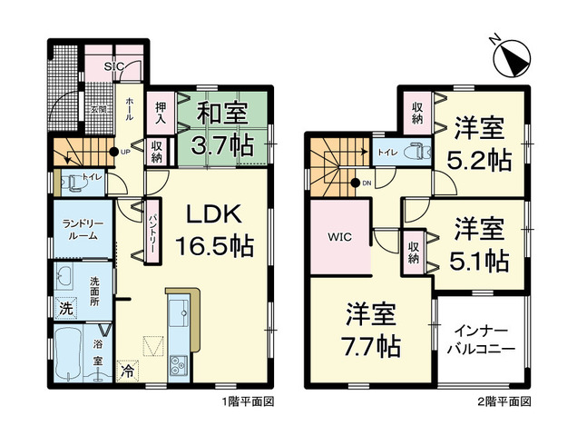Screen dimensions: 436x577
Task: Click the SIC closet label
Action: tap(115, 66)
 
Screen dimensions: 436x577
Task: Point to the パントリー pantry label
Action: tap(153, 231)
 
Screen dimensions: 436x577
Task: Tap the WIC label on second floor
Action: tap(341, 238)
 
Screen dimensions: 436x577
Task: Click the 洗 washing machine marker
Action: tap(66, 309)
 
